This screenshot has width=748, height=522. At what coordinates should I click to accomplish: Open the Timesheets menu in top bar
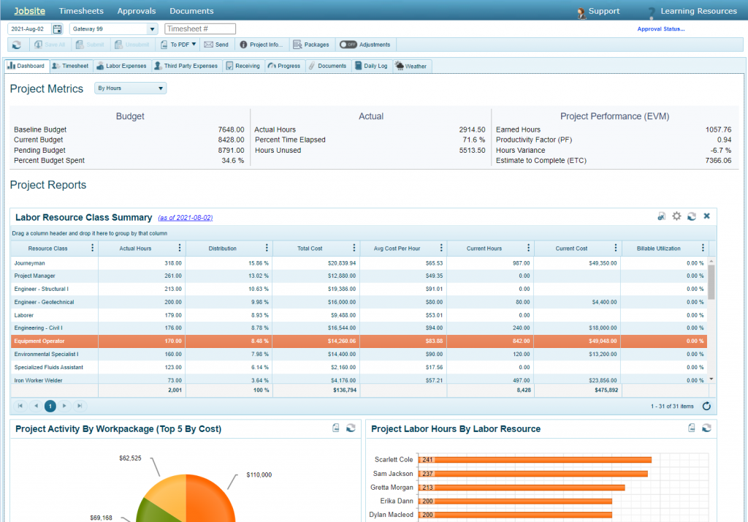pyautogui.click(x=81, y=11)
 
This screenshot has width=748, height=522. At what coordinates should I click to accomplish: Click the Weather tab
pyautogui.click(x=412, y=66)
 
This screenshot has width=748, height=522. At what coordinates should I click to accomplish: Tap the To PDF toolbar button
pyautogui.click(x=179, y=45)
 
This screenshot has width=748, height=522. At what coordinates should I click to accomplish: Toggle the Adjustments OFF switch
pyautogui.click(x=348, y=45)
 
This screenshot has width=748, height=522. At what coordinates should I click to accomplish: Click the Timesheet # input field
pyautogui.click(x=200, y=29)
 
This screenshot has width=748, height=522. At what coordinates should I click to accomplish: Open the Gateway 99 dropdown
pyautogui.click(x=152, y=29)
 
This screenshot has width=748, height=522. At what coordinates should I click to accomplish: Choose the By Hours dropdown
pyautogui.click(x=131, y=88)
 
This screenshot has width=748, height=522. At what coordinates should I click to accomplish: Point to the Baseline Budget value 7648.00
pyautogui.click(x=231, y=129)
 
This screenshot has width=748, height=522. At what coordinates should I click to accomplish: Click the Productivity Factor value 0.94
pyautogui.click(x=724, y=140)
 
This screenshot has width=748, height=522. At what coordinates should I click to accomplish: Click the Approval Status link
pyautogui.click(x=661, y=29)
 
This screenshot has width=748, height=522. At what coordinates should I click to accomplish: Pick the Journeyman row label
pyautogui.click(x=29, y=262)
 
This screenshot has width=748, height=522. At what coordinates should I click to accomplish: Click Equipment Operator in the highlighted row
pyautogui.click(x=39, y=341)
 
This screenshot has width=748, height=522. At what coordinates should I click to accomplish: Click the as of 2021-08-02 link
pyautogui.click(x=185, y=218)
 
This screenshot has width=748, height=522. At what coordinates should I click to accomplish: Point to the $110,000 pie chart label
pyautogui.click(x=259, y=475)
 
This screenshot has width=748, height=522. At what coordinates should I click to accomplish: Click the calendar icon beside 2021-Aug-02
pyautogui.click(x=58, y=29)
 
